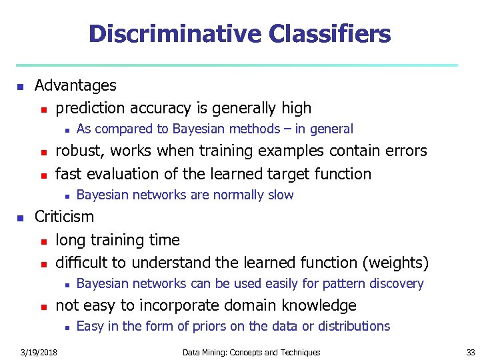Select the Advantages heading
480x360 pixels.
coord(75,85)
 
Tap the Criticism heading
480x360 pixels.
coord(64,217)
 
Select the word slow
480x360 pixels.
coord(281,195)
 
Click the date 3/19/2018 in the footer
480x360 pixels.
coord(39,352)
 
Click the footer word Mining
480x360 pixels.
coord(216,352)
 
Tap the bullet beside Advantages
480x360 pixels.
coord(21,86)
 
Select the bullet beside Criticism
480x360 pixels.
coord(21,217)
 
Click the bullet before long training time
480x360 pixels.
coord(43,241)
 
